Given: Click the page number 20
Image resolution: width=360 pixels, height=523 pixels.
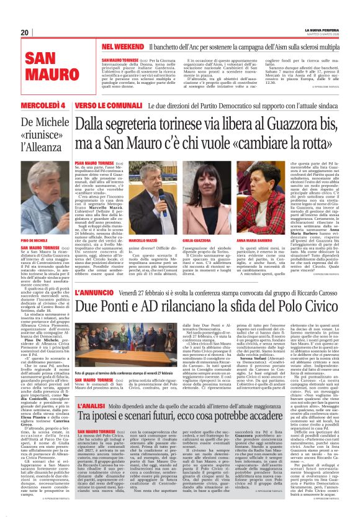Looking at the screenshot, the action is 24,32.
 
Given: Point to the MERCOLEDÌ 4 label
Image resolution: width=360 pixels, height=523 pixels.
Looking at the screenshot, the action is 45,106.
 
